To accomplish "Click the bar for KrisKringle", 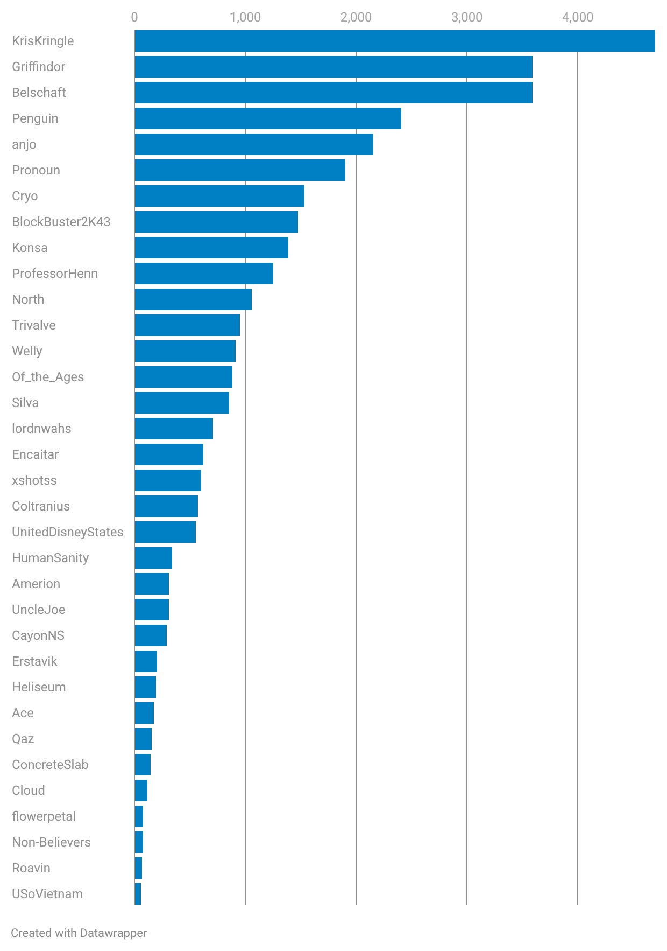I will (394, 41).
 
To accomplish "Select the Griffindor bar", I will (334, 67).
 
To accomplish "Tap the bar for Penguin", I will (268, 118).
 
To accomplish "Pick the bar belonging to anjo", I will (254, 144).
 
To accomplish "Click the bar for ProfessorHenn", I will (204, 274).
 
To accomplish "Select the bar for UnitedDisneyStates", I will (165, 532).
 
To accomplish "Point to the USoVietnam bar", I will (138, 894).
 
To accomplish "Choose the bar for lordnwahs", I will (174, 429).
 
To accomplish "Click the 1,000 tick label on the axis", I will (245, 18).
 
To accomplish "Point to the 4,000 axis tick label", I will (578, 18).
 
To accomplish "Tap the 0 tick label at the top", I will (134, 18).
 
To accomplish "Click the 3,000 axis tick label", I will (467, 18).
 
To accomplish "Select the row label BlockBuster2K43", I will (61, 222).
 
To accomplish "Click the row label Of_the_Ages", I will (48, 377).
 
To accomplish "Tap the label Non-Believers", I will (51, 842).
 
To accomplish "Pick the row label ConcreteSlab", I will (50, 765).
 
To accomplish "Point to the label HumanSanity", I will (50, 558).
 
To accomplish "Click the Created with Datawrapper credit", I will (79, 933).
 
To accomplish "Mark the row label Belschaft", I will (39, 93).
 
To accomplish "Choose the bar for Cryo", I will (219, 196).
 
